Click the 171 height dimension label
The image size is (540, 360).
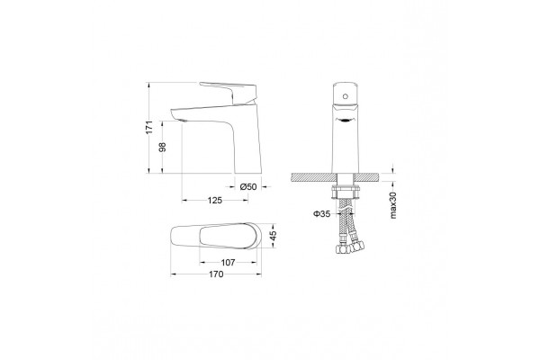click(x=148, y=128)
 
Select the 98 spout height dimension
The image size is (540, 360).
click(x=162, y=147)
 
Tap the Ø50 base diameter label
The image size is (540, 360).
click(x=248, y=186)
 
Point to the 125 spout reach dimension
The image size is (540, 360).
click(x=215, y=200)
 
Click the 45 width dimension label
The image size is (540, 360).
click(x=273, y=236)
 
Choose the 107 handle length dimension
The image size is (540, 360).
click(x=228, y=263)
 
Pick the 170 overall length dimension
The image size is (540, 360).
click(x=216, y=274)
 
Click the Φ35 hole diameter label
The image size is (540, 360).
click(x=321, y=214)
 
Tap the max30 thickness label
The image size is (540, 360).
click(x=393, y=205)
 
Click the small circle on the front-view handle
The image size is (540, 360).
click(x=346, y=95)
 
